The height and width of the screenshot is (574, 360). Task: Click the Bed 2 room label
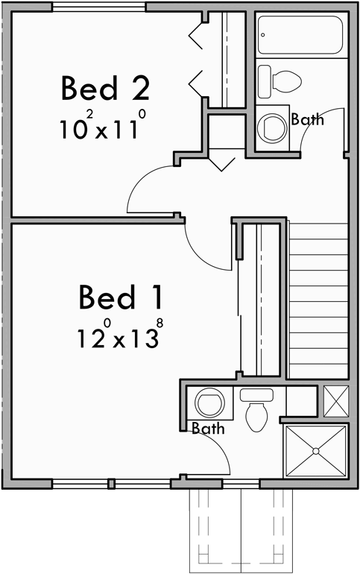(x=105, y=88)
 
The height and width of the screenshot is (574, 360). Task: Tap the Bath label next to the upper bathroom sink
(x=307, y=119)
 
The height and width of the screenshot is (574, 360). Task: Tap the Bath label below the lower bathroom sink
(x=208, y=429)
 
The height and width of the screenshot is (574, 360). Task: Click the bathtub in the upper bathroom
(x=300, y=35)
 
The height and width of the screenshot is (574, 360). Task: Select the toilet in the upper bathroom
(x=280, y=78)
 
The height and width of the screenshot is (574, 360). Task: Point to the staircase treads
(x=318, y=298)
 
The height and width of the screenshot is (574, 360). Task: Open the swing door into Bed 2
(x=153, y=190)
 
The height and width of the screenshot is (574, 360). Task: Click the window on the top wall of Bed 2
(x=100, y=7)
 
